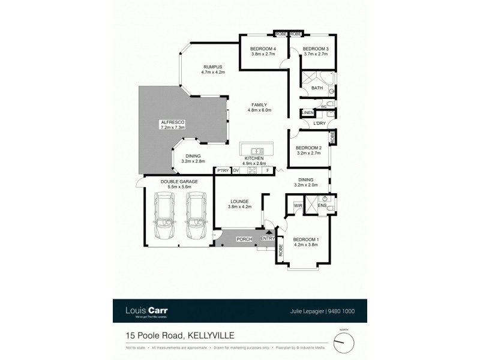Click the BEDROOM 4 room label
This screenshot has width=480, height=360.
[263, 49]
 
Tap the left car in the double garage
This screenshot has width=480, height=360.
[164, 217]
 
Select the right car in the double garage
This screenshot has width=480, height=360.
[196, 217]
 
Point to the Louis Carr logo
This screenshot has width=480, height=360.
[146, 311]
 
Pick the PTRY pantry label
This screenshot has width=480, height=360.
[223, 170]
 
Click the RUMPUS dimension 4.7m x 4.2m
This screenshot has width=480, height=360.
[212, 72]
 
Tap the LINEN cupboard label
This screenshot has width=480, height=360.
[307, 113]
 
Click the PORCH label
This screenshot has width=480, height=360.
[244, 239]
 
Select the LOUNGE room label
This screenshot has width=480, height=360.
[239, 202]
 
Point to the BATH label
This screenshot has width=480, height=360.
[317, 88]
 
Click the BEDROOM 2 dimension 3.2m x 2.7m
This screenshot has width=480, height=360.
[308, 153]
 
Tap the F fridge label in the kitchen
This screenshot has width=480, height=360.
[267, 170]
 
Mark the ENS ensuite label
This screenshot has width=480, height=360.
[322, 205]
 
